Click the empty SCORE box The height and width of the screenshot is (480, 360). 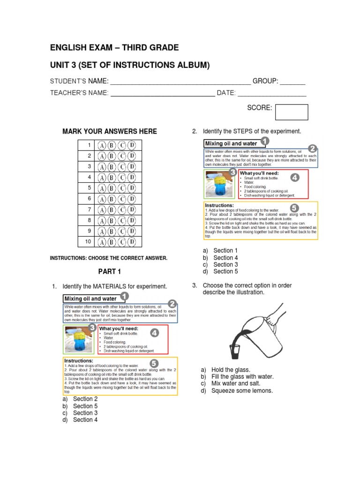click(x=292, y=112)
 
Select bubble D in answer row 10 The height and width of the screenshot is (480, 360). click(x=133, y=242)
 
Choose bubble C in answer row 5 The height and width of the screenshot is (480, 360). click(x=122, y=188)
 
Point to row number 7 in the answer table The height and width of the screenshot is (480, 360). click(x=89, y=210)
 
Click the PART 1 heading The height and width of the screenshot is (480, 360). click(x=110, y=271)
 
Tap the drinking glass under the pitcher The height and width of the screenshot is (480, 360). click(x=234, y=352)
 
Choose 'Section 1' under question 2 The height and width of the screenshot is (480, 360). click(x=225, y=251)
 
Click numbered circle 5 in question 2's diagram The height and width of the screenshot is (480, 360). click(x=294, y=208)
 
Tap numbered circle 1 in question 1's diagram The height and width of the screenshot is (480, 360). click(x=125, y=296)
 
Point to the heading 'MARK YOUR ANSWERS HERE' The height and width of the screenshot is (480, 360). click(x=110, y=131)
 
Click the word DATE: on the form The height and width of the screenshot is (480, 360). click(x=225, y=93)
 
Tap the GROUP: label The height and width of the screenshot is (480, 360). click(x=266, y=81)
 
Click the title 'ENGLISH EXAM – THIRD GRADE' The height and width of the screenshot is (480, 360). click(x=114, y=48)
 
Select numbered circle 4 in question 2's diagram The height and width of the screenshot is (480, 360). click(x=294, y=178)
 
